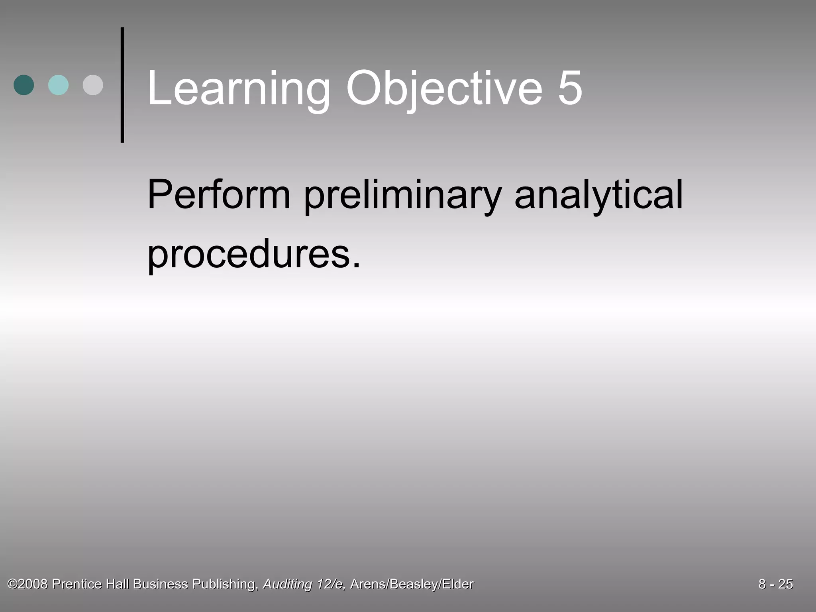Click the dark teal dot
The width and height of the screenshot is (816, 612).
coord(24,85)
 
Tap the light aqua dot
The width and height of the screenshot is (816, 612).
coord(58,85)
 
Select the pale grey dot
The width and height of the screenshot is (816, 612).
coord(93,85)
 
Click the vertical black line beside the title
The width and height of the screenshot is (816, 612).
coord(122,85)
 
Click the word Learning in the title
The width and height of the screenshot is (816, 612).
coord(238,88)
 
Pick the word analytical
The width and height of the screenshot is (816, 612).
coord(598,195)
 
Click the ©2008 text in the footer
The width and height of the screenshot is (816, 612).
coord(28,584)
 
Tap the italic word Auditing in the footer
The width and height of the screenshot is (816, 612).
coord(287,585)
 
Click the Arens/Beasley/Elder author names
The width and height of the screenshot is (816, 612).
coord(412,585)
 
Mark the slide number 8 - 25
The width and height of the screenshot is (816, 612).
coord(775,584)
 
